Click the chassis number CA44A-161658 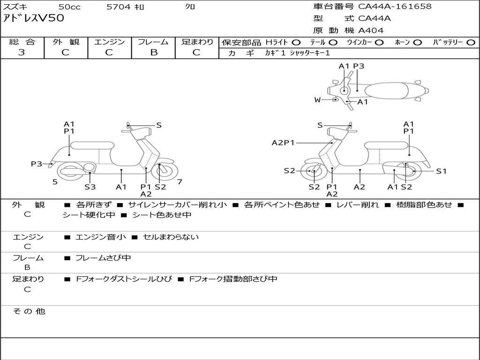[x=395, y=7]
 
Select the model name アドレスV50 [x=33, y=18]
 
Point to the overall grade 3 [x=22, y=52]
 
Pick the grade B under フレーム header [x=153, y=52]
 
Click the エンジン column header [x=109, y=42]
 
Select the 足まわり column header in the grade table [x=197, y=42]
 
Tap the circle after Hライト [x=296, y=42]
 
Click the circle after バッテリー [x=471, y=42]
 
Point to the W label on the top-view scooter [x=317, y=99]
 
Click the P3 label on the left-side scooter [x=37, y=164]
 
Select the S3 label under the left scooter [x=90, y=187]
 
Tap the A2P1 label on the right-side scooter [x=283, y=142]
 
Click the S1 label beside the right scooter [x=441, y=171]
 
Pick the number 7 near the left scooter [x=180, y=181]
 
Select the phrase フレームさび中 [x=103, y=258]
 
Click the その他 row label [x=29, y=311]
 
